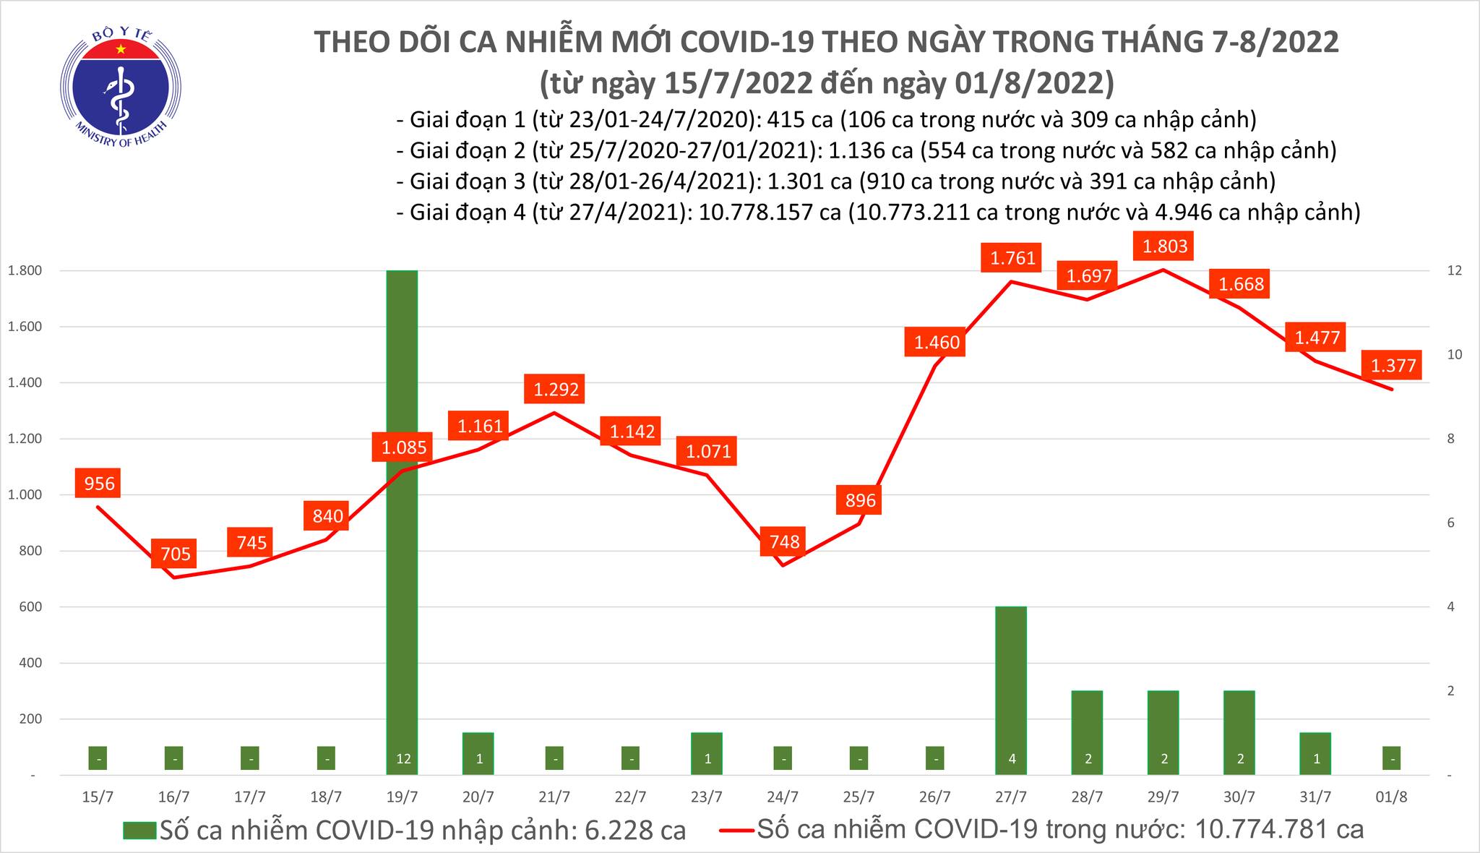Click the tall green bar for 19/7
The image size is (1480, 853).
[x=402, y=520]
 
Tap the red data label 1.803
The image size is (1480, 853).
[x=1164, y=247]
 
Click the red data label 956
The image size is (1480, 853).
[x=99, y=483]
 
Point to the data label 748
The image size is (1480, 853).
[x=784, y=541]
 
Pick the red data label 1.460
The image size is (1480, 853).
[x=936, y=342]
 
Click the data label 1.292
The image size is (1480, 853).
[x=556, y=390]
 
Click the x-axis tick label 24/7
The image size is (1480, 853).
[x=783, y=797]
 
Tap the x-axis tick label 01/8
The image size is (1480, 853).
[x=1392, y=797]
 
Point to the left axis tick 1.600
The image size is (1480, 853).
[x=24, y=327]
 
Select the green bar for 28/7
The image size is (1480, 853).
[x=1087, y=732]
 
